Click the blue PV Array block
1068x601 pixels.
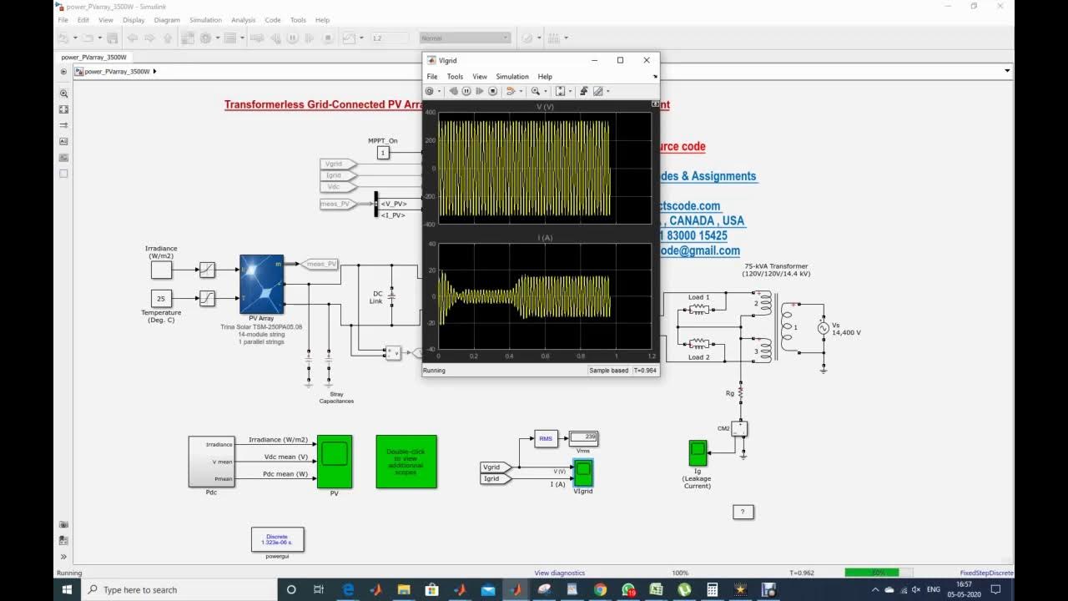point(261,284)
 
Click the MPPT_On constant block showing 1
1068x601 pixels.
point(383,153)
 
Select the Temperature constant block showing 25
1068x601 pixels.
point(161,298)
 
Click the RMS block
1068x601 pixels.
point(546,438)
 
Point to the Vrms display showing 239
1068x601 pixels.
point(583,437)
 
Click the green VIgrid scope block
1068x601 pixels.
point(583,472)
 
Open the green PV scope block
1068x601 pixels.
point(335,461)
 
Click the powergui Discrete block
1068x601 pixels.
point(277,539)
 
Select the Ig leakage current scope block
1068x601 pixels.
point(698,453)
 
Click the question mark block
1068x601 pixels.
point(743,512)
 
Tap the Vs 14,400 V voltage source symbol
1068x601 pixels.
point(823,328)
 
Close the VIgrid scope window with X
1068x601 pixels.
point(646,60)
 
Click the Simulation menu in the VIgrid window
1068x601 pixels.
point(511,77)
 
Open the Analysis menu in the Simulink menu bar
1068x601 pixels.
point(243,20)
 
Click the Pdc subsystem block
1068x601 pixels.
point(211,461)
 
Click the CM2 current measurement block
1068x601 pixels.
point(738,428)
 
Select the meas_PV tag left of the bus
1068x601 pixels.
point(335,204)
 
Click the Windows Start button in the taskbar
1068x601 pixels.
point(68,589)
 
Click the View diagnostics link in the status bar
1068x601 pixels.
point(559,573)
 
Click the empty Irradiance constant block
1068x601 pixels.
point(161,270)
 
